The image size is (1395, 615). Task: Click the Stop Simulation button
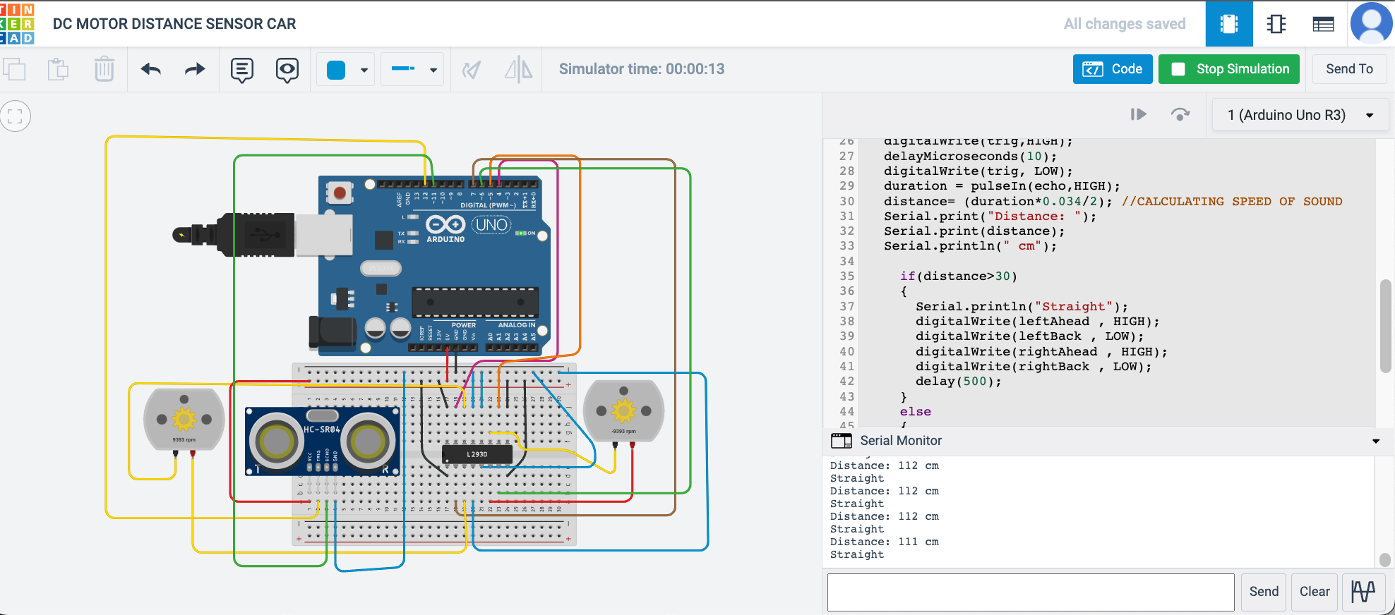pyautogui.click(x=1228, y=69)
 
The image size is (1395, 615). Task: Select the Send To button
pyautogui.click(x=1348, y=69)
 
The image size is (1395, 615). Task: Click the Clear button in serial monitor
pyautogui.click(x=1314, y=592)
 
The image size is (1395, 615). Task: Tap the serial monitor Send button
pyautogui.click(x=1263, y=592)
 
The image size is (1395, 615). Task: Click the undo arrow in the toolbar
pyautogui.click(x=151, y=69)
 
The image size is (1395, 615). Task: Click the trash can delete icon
pyautogui.click(x=104, y=69)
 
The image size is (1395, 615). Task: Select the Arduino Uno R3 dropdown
pyautogui.click(x=1300, y=115)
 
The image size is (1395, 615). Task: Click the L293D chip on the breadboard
pyautogui.click(x=477, y=454)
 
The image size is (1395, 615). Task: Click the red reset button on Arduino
pyautogui.click(x=340, y=193)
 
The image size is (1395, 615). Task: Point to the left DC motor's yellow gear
pyautogui.click(x=184, y=419)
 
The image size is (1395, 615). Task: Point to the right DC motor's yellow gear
pyautogui.click(x=623, y=410)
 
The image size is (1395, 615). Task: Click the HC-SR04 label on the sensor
pyautogui.click(x=322, y=429)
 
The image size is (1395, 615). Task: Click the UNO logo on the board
pyautogui.click(x=491, y=225)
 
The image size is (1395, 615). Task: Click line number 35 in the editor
pyautogui.click(x=846, y=276)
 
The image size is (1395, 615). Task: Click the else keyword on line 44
pyautogui.click(x=915, y=412)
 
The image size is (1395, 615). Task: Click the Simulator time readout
pyautogui.click(x=641, y=69)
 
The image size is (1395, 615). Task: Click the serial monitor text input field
pyautogui.click(x=1030, y=592)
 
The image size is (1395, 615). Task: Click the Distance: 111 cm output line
pyautogui.click(x=884, y=542)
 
